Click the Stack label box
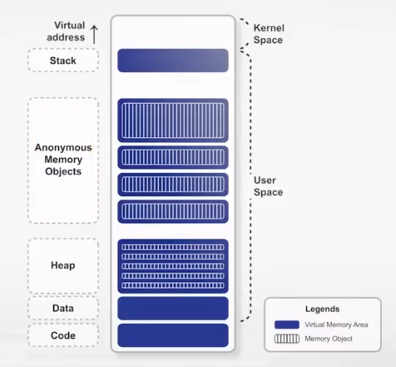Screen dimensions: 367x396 coord(63,60)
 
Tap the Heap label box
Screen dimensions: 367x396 coord(63,265)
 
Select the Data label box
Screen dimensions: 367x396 coord(63,308)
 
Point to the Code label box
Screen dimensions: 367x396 coord(63,335)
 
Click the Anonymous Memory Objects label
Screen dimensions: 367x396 coord(63,159)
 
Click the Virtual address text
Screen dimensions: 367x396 coord(69,32)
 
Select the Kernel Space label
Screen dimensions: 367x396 coord(268,33)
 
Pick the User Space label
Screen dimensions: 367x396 coord(268,186)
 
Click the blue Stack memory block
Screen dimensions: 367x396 coord(172,61)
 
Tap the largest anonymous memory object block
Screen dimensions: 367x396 coord(172,120)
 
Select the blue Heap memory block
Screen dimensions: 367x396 coord(172,266)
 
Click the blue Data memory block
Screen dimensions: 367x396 coord(172,308)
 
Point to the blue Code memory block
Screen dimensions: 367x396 coord(172,335)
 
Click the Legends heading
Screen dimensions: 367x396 coord(322,309)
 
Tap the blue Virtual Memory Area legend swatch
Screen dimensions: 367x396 coord(287,325)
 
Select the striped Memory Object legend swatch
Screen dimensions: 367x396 coord(287,339)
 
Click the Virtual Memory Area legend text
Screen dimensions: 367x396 coord(336,325)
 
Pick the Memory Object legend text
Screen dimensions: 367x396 coord(328,339)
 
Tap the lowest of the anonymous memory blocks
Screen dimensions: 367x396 coord(172,212)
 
